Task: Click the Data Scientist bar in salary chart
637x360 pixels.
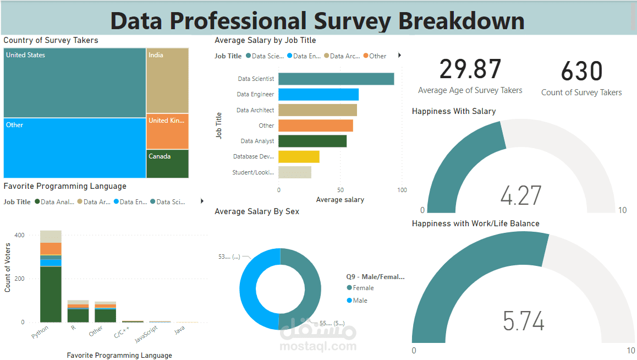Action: pos(336,79)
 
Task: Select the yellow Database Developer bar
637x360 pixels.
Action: pos(299,157)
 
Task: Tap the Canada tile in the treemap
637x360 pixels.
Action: pos(168,164)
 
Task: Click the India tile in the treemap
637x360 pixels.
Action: pos(167,80)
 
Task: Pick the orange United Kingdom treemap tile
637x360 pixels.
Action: pos(167,132)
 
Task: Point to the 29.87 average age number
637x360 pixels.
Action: pos(470,70)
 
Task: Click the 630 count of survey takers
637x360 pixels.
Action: pos(581,72)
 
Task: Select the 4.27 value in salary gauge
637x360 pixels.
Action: pos(520,196)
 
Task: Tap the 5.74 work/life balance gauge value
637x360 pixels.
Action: pos(523,321)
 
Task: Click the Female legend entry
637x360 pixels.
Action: pos(363,288)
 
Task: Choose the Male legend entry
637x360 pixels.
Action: pos(360,301)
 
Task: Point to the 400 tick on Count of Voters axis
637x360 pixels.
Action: pos(19,235)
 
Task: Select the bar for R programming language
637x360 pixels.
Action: pos(78,312)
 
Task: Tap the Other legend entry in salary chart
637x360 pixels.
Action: pos(377,56)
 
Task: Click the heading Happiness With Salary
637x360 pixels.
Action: pos(453,111)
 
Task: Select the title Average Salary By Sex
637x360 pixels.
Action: pos(257,211)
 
